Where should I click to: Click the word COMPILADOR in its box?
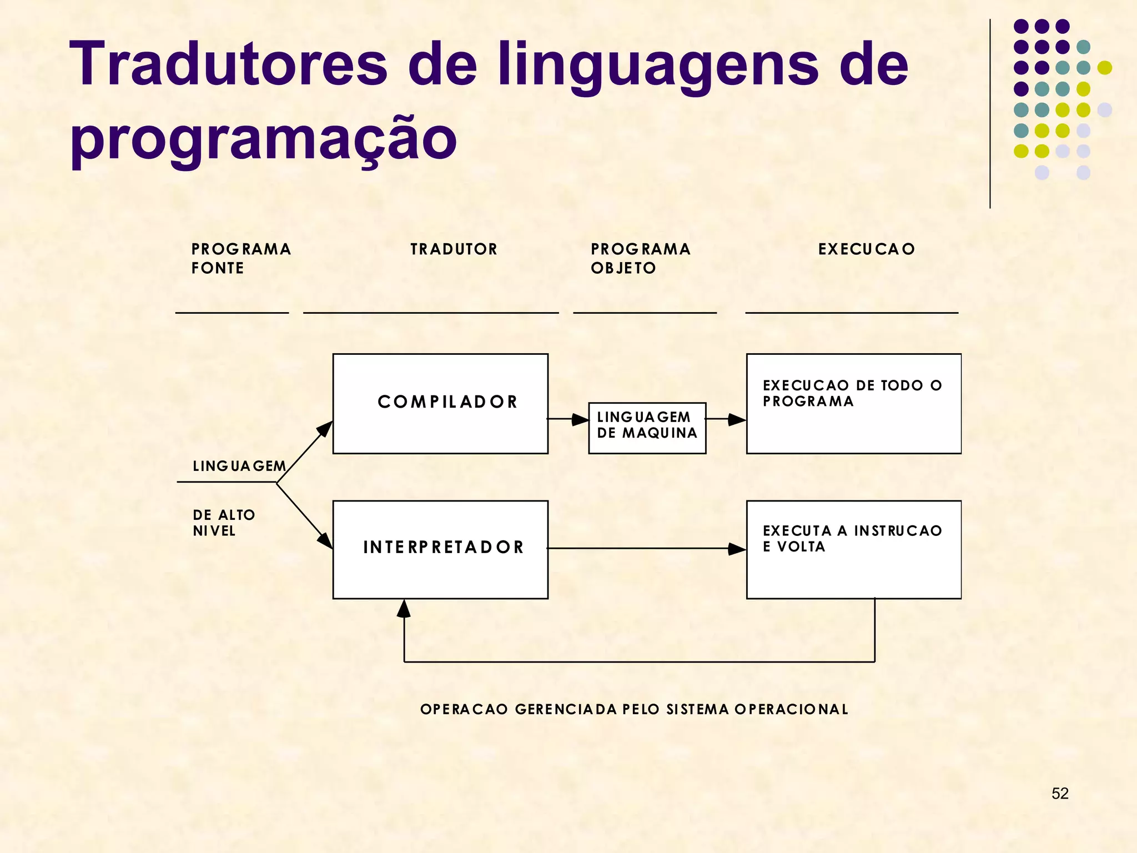tap(447, 402)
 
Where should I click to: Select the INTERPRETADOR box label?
tap(444, 548)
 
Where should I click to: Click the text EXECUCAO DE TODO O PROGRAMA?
tap(852, 393)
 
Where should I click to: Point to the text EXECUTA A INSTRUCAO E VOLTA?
tap(852, 539)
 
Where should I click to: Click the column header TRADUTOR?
tap(454, 249)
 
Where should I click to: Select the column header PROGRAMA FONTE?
tap(241, 259)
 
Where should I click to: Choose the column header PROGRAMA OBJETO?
tap(641, 259)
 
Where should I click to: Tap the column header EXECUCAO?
tap(867, 249)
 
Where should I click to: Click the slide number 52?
tap(1060, 794)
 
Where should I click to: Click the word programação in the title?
tap(263, 139)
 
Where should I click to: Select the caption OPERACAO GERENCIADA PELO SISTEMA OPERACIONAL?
tap(634, 709)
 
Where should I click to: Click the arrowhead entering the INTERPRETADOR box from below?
tap(404, 609)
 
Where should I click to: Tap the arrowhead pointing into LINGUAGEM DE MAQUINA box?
tap(580, 419)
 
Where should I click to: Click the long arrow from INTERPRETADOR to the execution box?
tap(638, 549)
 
